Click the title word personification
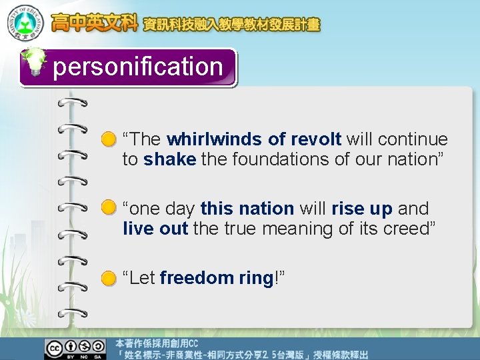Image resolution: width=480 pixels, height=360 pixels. coord(137,67)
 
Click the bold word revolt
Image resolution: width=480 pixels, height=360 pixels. coord(316,139)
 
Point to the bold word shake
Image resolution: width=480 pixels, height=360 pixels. coord(170,159)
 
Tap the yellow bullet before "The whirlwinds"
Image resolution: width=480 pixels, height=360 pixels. coord(109,140)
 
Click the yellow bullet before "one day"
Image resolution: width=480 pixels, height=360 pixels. coord(109,209)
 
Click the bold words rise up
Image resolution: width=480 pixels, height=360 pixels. coord(362,209)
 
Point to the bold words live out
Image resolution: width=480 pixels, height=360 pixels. coord(156,229)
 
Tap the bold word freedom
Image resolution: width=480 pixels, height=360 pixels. coord(197,278)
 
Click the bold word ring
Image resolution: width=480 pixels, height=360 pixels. coord(256,278)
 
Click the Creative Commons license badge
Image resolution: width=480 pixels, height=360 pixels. coord(75,348)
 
